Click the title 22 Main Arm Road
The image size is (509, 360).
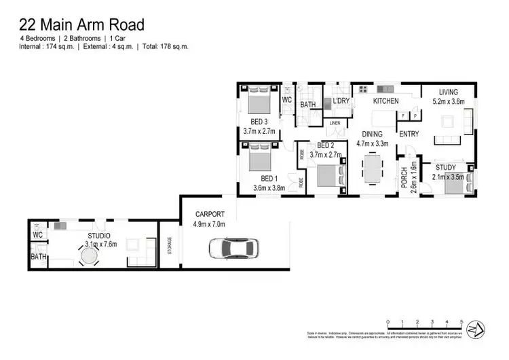coord(81,25)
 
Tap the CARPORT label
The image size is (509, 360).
coord(209,213)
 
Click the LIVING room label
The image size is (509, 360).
coord(448,92)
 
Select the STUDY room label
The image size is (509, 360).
coord(446,167)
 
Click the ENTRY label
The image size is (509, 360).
coord(409,134)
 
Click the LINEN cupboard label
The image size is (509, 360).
coord(335,123)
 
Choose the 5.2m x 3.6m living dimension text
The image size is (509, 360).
coord(448,102)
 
